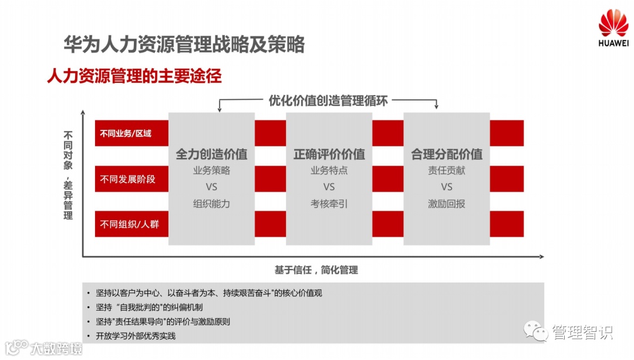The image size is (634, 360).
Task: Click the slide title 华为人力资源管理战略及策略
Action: (x=184, y=45)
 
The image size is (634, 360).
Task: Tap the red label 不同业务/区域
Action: (x=126, y=133)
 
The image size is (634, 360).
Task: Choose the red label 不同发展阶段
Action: (x=128, y=179)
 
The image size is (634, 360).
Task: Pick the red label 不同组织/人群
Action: (x=130, y=224)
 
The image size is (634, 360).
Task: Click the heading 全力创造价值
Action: (x=211, y=154)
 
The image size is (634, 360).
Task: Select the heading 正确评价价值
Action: (x=329, y=154)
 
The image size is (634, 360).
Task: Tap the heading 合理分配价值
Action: (x=447, y=154)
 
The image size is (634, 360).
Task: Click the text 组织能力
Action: (x=211, y=204)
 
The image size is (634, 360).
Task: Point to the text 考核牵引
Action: (x=329, y=204)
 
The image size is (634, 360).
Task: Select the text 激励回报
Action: (x=447, y=204)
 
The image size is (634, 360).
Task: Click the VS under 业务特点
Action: (x=329, y=187)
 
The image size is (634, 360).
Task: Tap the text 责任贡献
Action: (x=447, y=171)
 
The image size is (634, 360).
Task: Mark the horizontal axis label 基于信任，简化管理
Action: (x=316, y=270)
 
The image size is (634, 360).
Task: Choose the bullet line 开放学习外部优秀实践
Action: (x=136, y=337)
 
